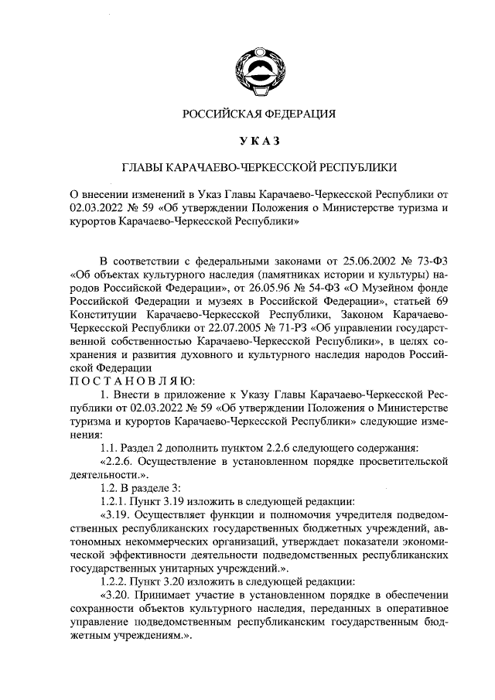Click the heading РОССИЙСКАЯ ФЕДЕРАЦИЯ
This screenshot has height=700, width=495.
coord(258,114)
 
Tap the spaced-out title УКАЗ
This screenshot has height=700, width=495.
coord(258,140)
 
